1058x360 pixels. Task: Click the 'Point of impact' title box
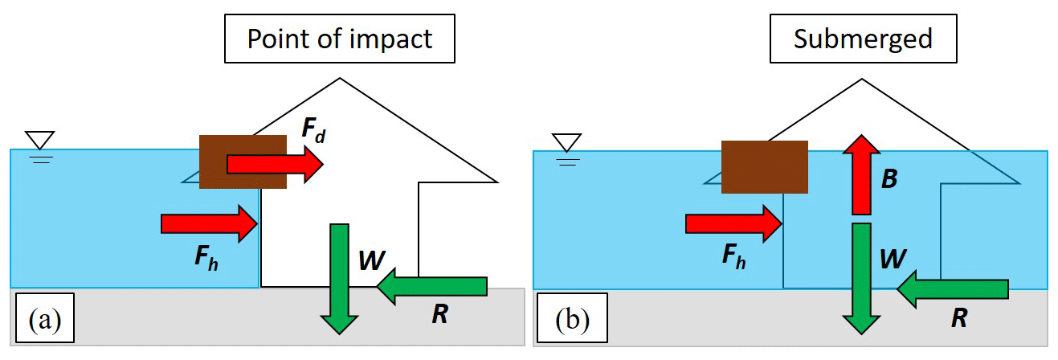click(340, 39)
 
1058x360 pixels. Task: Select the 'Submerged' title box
click(863, 39)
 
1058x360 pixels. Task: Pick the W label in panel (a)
click(372, 259)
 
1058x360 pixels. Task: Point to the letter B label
click(889, 178)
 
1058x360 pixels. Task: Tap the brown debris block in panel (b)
click(764, 167)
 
